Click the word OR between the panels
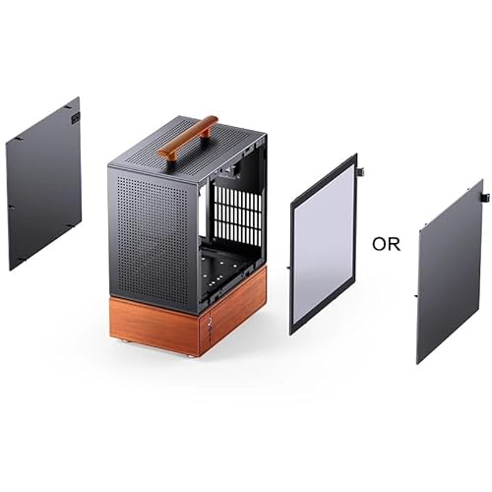tap(386, 244)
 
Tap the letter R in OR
tap(395, 244)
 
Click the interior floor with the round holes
tap(223, 268)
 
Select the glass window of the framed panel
tap(324, 243)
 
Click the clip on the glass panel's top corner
tap(360, 171)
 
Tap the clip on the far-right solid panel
tap(485, 197)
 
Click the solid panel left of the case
tap(43, 184)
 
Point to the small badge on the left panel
tap(76, 118)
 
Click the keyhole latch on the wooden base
tap(209, 324)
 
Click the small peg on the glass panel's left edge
tap(288, 268)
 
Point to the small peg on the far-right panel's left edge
tap(415, 296)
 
